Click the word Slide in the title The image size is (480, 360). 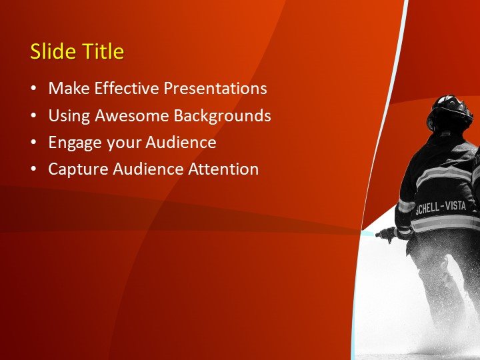(51, 52)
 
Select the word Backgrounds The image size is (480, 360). (222, 116)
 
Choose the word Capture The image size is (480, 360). (75, 170)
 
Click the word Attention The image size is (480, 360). (223, 169)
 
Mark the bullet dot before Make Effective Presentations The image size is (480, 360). (34, 89)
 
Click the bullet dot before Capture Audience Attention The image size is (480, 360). (34, 170)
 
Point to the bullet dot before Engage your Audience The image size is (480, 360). (34, 143)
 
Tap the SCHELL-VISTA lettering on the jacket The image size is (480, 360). (441, 207)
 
